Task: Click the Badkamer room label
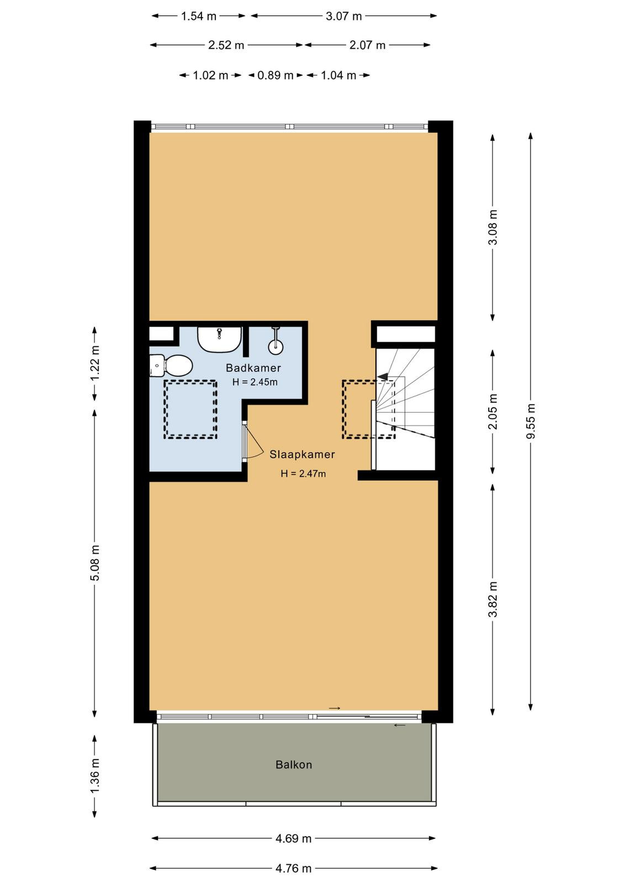coord(253,368)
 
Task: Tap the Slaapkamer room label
coord(302,454)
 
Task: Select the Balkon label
coord(294,765)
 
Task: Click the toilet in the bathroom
coord(171,365)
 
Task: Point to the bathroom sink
coord(219,339)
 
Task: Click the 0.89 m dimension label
coord(276,75)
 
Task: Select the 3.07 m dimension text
coord(343,16)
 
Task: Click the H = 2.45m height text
coord(255,382)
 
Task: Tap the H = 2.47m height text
coord(303,473)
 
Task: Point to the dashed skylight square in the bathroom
coord(191,409)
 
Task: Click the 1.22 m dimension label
coord(94,363)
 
